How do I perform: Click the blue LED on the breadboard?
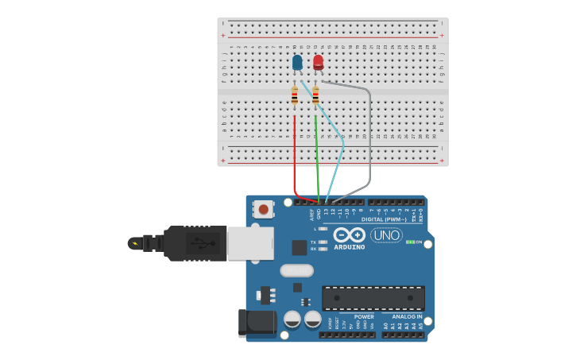point(297,62)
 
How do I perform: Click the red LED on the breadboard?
point(318,62)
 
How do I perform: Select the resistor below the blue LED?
point(295,95)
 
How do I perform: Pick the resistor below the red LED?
point(315,95)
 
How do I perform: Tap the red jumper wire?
point(295,159)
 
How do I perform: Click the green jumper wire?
point(317,159)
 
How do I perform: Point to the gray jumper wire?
point(369,143)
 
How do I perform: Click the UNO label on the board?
point(386,235)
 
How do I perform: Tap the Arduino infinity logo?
point(350,235)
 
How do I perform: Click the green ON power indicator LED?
point(410,242)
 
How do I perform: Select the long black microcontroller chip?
point(373,298)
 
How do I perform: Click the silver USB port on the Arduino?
point(250,243)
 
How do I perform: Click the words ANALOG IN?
point(407,316)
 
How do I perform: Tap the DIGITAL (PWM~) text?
point(384,219)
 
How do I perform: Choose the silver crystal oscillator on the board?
point(296,270)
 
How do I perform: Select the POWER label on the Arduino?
point(364,316)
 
